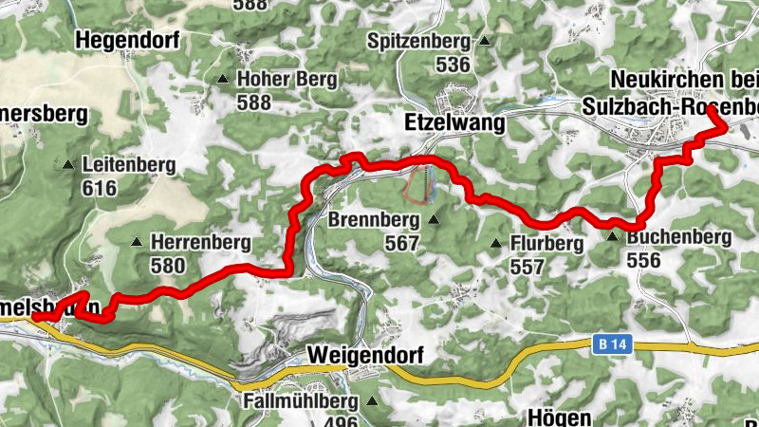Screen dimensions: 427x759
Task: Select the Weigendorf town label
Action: click(x=364, y=355)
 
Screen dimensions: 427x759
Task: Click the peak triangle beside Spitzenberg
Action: click(x=485, y=42)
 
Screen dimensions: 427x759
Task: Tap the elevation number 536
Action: click(x=453, y=65)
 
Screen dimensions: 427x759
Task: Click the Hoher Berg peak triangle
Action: click(x=223, y=80)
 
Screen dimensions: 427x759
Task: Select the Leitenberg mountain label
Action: click(x=128, y=165)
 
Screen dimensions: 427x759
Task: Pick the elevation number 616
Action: click(x=99, y=188)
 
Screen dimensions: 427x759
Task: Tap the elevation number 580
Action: click(x=168, y=266)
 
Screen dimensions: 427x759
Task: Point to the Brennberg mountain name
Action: click(x=374, y=220)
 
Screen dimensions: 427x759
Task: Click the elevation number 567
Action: click(x=402, y=243)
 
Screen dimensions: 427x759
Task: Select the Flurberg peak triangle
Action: click(x=495, y=245)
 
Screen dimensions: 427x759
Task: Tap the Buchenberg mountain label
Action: click(x=679, y=236)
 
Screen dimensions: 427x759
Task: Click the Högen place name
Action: click(x=560, y=418)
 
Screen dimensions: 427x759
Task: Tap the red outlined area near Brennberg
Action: click(x=418, y=183)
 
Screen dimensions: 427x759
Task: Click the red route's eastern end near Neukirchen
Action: click(x=709, y=111)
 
